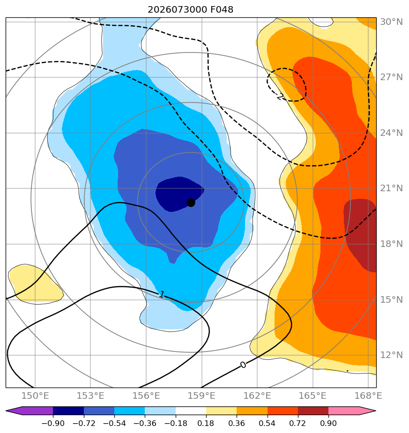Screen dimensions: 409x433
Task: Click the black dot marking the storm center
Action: click(x=191, y=203)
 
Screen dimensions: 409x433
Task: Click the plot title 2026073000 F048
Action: click(x=191, y=10)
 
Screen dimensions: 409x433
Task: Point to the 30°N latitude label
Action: click(x=391, y=22)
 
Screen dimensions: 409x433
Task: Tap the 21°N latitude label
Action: click(x=391, y=188)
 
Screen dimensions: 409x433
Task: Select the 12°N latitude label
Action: click(x=391, y=355)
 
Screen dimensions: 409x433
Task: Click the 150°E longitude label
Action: click(x=35, y=396)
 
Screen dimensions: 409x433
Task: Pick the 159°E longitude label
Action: click(x=201, y=396)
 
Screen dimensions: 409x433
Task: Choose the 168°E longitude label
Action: click(x=368, y=396)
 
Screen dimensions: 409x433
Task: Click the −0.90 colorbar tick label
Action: click(x=53, y=423)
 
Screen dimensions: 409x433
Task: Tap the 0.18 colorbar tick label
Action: click(x=206, y=423)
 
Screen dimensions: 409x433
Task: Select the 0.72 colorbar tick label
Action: click(x=297, y=423)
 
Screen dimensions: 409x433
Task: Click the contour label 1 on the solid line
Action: click(x=162, y=294)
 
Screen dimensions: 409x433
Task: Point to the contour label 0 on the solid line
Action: click(x=243, y=365)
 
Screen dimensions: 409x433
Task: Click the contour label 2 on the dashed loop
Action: click(x=280, y=97)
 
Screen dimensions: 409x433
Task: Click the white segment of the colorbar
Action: click(x=191, y=411)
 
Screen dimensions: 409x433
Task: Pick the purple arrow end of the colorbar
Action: click(x=29, y=411)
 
